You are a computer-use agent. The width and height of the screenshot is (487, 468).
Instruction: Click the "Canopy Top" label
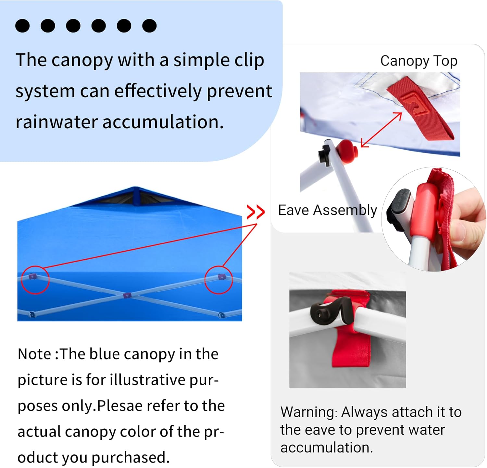coord(418,61)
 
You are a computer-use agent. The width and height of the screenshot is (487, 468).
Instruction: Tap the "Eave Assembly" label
coord(327,210)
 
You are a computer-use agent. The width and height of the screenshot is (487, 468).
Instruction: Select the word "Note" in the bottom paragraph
coord(34,354)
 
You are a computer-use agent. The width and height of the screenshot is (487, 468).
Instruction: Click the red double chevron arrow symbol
coord(256,212)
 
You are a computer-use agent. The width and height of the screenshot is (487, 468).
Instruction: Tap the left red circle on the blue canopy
coord(35,280)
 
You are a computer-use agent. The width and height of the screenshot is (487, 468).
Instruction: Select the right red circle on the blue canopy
coord(219,280)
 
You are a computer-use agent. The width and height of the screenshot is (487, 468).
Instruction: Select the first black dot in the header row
coord(22,26)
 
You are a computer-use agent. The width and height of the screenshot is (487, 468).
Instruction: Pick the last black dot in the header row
coord(149,26)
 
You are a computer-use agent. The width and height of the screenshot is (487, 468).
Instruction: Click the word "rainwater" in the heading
coord(56,122)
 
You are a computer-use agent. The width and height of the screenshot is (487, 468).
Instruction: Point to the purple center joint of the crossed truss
coord(127,295)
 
